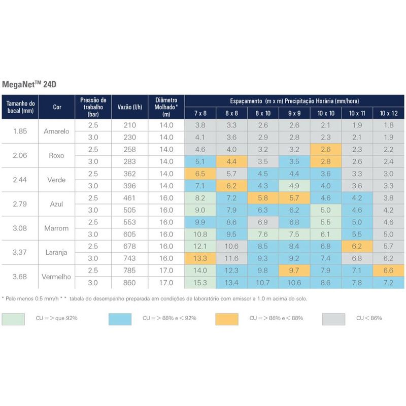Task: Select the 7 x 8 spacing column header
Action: [200, 113]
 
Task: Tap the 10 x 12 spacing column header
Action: [388, 113]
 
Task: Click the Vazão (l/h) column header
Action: [129, 107]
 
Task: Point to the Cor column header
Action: [57, 107]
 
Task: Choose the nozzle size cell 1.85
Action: [20, 131]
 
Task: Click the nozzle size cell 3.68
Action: [20, 277]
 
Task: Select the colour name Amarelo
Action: [57, 131]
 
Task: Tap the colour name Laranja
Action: [57, 252]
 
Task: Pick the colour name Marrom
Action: [57, 228]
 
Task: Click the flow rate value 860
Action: [129, 283]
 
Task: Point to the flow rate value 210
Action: [129, 125]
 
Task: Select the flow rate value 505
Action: [129, 210]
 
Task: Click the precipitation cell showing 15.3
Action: [200, 283]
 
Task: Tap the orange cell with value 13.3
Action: [200, 258]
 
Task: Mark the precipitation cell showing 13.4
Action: [231, 283]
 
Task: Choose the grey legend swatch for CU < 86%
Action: [333, 319]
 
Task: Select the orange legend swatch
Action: [226, 319]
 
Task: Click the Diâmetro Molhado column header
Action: [166, 107]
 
